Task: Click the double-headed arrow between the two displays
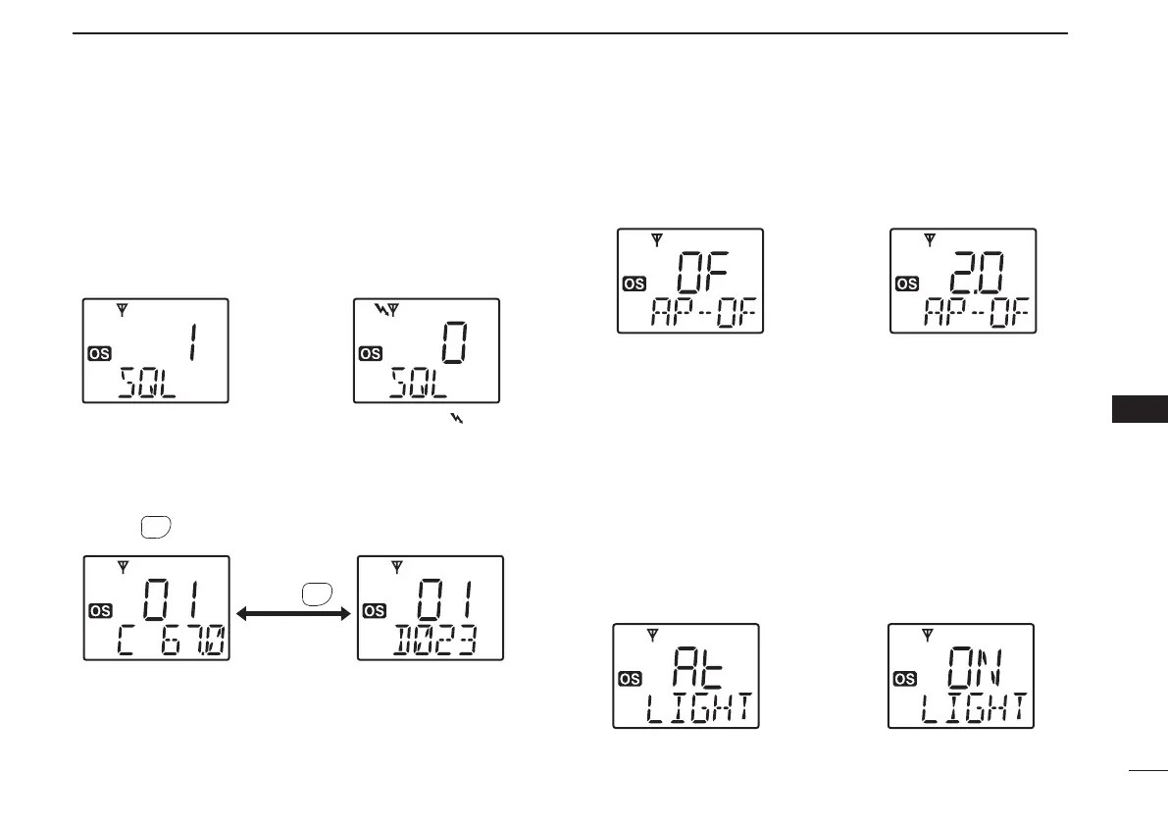pos(294,613)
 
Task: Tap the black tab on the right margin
pos(1140,409)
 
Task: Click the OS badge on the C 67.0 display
pos(100,610)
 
